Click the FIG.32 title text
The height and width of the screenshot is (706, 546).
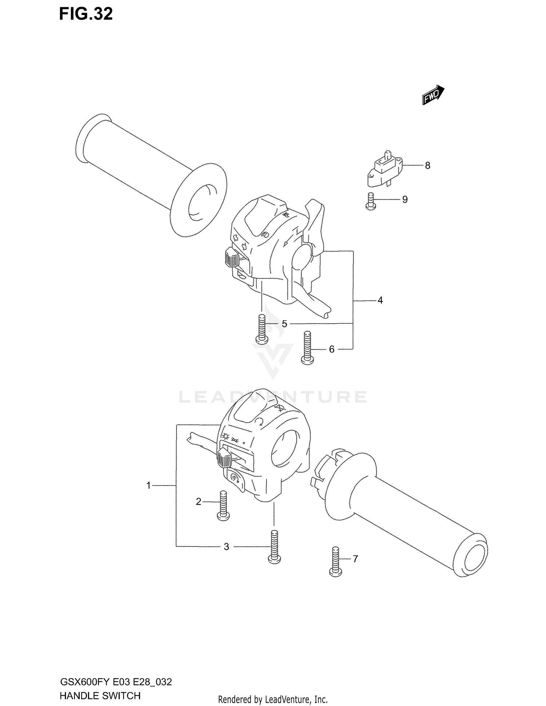86,14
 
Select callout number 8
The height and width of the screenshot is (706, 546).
427,166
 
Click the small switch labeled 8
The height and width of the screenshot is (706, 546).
385,169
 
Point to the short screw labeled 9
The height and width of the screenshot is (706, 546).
370,201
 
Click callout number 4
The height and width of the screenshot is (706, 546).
380,300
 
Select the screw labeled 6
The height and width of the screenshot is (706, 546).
307,348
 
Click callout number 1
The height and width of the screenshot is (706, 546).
149,485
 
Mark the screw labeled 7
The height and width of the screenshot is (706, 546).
335,562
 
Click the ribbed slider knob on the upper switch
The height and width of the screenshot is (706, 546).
232,258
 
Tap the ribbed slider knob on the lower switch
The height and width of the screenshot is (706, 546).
222,458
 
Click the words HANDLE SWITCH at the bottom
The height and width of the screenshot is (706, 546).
100,696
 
